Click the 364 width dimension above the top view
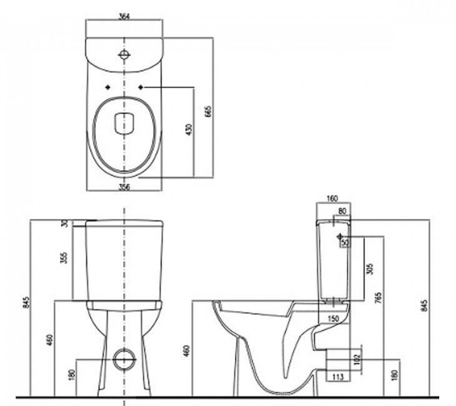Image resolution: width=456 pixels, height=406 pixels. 124,16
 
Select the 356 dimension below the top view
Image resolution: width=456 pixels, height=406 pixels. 124,187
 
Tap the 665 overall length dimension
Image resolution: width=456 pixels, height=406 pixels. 209,111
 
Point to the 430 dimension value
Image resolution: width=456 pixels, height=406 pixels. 189,130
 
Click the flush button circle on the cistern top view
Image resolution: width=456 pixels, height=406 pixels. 124,54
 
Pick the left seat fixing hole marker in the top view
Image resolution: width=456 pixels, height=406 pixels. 108,87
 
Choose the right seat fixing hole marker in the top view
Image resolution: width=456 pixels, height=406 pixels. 141,87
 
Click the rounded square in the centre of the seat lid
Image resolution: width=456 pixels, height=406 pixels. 124,123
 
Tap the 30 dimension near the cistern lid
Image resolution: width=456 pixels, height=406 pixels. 65,224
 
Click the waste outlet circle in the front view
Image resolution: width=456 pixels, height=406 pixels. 124,360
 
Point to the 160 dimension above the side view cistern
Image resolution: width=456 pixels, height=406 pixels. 332,199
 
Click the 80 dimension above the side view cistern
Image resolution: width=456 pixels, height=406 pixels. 342,212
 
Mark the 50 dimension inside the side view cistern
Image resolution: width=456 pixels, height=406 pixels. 345,242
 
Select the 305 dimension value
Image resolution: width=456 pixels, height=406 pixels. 370,269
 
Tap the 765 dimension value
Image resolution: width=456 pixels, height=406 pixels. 378,298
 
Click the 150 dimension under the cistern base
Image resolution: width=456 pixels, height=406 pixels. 333,319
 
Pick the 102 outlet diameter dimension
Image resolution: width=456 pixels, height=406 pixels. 357,360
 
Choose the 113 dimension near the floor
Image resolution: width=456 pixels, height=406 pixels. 338,377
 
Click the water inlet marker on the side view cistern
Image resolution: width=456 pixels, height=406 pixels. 339,237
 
